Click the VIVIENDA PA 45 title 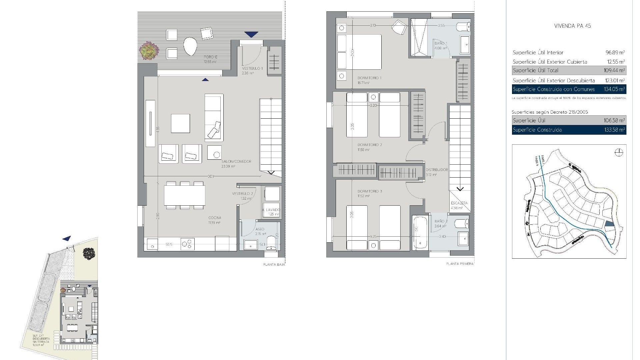572,26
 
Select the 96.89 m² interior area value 615,52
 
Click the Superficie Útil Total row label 535,70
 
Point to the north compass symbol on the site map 619,153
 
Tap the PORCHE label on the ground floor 210,57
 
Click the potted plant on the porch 149,51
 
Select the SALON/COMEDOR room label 236,161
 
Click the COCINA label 215,218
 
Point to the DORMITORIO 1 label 369,78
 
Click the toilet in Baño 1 463,26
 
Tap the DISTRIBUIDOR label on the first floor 437,170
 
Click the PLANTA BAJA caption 274,265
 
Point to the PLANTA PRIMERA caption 460,264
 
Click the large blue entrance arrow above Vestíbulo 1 251,34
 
